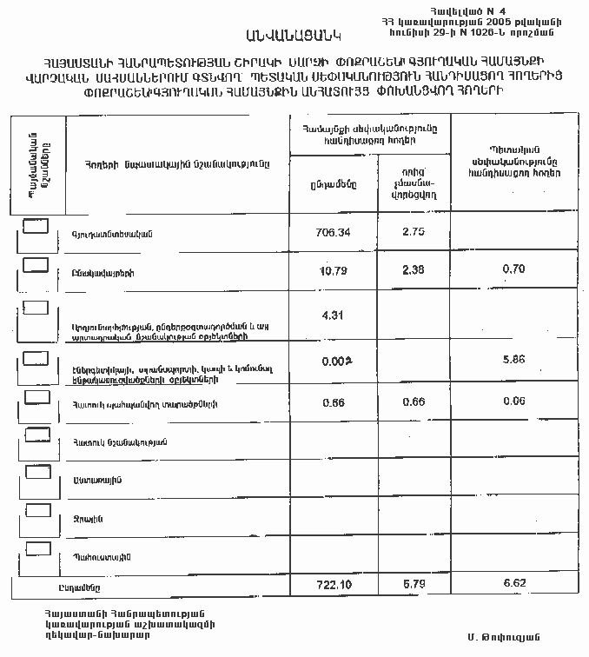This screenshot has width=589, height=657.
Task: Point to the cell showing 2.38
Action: point(413,269)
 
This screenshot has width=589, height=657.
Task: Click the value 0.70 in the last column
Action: point(513,269)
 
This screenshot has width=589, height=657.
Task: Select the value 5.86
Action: point(514,358)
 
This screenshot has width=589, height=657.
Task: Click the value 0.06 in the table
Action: point(514,401)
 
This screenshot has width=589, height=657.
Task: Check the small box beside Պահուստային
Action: point(37,548)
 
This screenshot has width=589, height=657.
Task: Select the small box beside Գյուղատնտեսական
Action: point(36,227)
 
